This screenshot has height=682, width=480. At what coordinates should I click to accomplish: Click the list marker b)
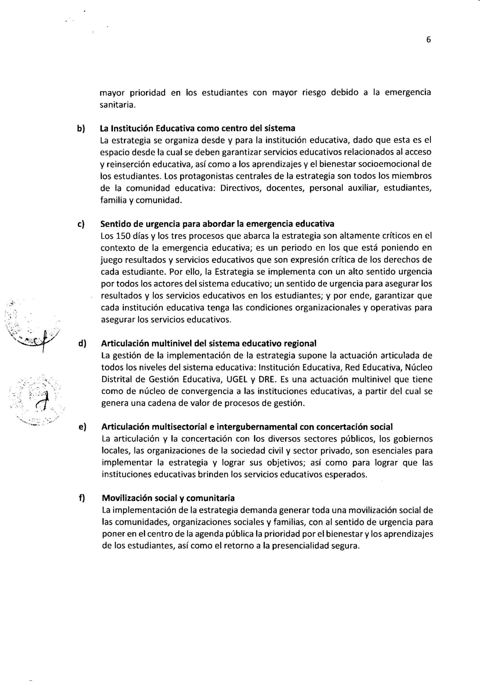pyautogui.click(x=81, y=128)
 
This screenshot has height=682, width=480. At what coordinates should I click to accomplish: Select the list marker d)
pyautogui.click(x=82, y=343)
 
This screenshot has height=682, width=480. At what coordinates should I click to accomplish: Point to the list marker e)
pyautogui.click(x=82, y=427)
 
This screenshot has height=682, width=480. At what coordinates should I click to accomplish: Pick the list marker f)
pyautogui.click(x=82, y=498)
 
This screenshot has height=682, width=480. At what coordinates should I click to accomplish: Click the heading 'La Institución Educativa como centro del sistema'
pyautogui.click(x=198, y=128)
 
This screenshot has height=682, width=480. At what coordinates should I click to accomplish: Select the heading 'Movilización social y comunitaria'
pyautogui.click(x=168, y=498)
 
